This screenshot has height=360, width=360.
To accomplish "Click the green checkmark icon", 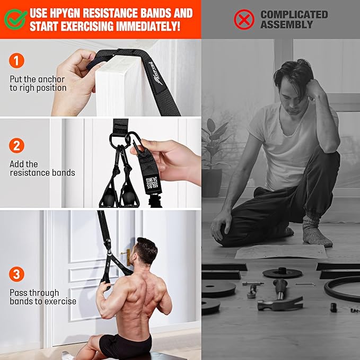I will (15, 19).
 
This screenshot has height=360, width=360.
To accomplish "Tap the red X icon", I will (244, 19).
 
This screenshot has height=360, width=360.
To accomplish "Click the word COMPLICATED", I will (294, 14).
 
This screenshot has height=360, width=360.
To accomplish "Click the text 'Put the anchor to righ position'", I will (38, 84).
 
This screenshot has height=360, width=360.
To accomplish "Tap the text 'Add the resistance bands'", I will (42, 168).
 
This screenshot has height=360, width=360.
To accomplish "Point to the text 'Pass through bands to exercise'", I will (42, 297).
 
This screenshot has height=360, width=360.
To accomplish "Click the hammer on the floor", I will (279, 297).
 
